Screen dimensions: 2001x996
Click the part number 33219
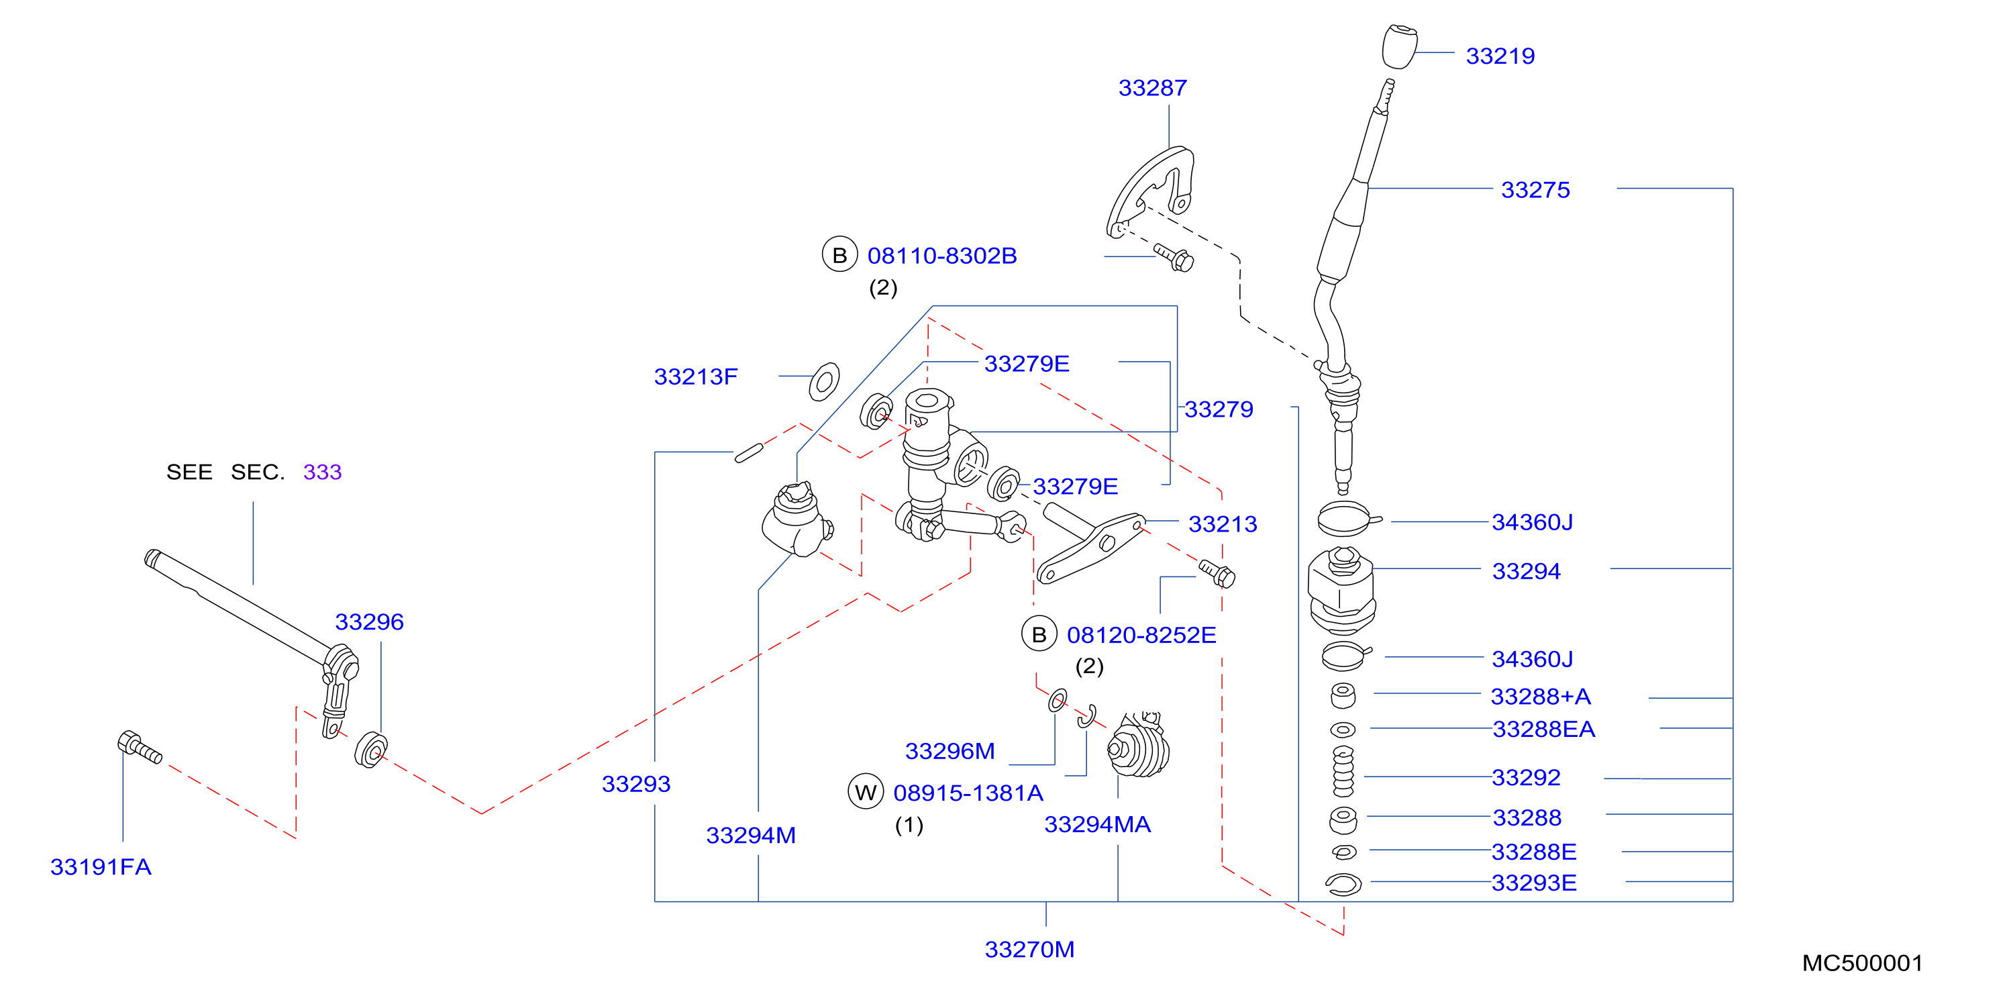coord(1500,56)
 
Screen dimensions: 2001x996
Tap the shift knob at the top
coord(1400,46)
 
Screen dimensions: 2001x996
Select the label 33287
coord(1153,88)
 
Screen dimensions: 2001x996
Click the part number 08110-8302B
coord(942,256)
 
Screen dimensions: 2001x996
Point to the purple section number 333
coord(322,472)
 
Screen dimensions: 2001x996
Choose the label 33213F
coord(696,377)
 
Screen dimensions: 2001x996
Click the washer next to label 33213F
coord(824,381)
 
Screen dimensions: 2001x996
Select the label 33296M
coord(950,751)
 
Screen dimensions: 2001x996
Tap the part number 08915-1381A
coord(968,793)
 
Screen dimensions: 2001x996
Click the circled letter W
coord(866,793)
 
